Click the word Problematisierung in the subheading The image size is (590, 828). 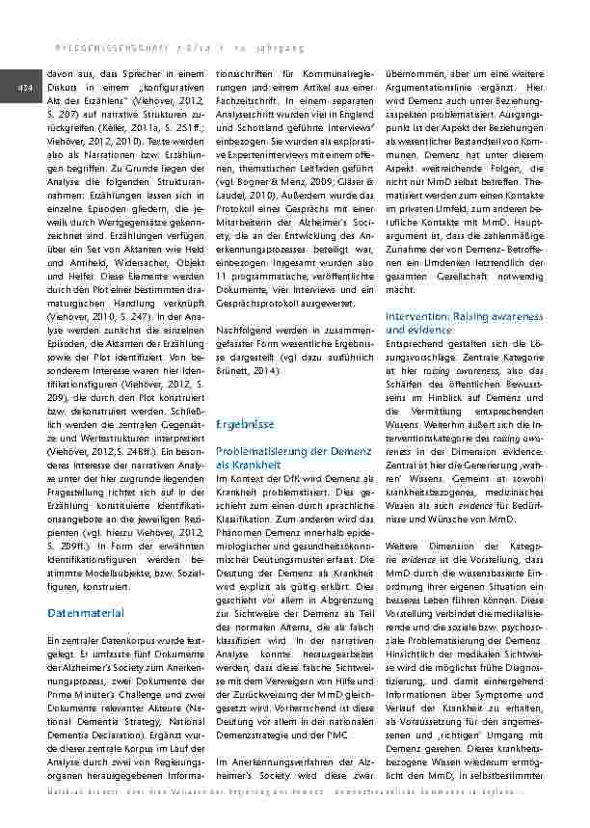261,450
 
